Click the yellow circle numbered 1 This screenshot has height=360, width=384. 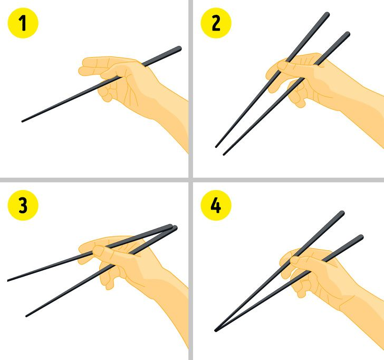pos(23,23)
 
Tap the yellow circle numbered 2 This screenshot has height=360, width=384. pos(216,23)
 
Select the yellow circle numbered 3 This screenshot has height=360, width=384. pos(23,205)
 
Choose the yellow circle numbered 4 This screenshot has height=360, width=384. pos(216,205)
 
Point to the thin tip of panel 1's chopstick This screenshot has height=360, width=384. pos(23,121)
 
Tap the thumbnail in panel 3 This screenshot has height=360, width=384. pos(99,250)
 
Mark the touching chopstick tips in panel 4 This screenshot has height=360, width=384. pos(216,330)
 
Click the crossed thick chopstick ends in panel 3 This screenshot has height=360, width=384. pos(172,228)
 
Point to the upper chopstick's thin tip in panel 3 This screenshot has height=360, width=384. pos(8,280)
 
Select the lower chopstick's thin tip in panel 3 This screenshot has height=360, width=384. pos(26,316)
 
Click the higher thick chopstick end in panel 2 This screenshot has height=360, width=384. pos(327,15)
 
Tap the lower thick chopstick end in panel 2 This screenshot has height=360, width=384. pos(347,34)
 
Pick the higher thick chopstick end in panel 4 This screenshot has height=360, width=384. pos(341,213)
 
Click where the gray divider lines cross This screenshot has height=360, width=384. pos(191,180)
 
